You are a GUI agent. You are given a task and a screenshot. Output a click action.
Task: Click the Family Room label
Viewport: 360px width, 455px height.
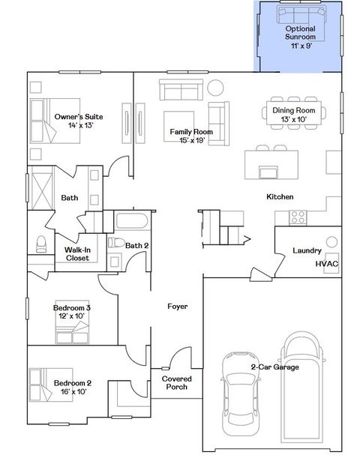[x=191, y=136]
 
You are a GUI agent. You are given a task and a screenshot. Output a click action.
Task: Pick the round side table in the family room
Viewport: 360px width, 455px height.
[x=215, y=87]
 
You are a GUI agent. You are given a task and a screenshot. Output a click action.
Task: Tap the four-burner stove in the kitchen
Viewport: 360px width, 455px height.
[x=298, y=217]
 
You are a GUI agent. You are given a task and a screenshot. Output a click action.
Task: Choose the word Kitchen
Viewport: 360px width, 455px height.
[x=279, y=197]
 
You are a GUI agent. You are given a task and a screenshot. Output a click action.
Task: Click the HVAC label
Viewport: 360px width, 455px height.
[x=326, y=264]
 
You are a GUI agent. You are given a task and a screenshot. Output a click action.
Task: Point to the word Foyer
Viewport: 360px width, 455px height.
[x=177, y=307]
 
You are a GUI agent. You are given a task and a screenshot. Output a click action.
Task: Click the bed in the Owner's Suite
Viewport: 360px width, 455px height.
[x=46, y=120]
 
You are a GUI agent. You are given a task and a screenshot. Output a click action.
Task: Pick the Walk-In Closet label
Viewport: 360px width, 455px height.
[x=77, y=253]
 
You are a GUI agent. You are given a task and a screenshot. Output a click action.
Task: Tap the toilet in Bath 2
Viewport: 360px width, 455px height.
[x=115, y=244]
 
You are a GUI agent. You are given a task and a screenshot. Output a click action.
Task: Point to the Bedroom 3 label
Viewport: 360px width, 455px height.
[x=72, y=312]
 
